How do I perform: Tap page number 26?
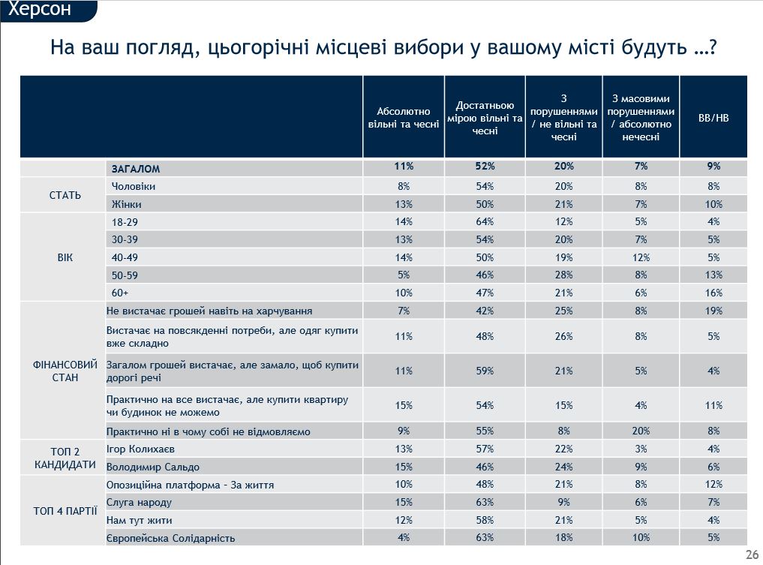pyautogui.click(x=752, y=554)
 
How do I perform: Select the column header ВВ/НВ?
pyautogui.click(x=713, y=118)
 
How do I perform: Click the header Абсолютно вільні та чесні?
pyautogui.click(x=404, y=118)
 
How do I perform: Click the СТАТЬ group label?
pyautogui.click(x=65, y=195)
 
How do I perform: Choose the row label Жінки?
pyautogui.click(x=127, y=204)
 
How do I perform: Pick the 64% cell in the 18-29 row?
pyautogui.click(x=485, y=222)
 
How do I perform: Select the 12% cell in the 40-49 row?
pyautogui.click(x=641, y=257)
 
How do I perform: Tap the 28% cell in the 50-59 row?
pyautogui.click(x=563, y=275)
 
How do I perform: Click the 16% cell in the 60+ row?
pyautogui.click(x=713, y=293)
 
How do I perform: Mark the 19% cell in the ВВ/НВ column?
pyautogui.click(x=713, y=311)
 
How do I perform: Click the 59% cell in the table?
pyautogui.click(x=485, y=371)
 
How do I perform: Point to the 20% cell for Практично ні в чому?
pyautogui.click(x=641, y=431)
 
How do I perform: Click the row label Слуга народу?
pyautogui.click(x=140, y=502)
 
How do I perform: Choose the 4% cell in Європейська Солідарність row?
pyautogui.click(x=404, y=538)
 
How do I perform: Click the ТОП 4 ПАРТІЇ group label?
pyautogui.click(x=65, y=511)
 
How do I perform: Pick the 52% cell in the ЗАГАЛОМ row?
pyautogui.click(x=485, y=167)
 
